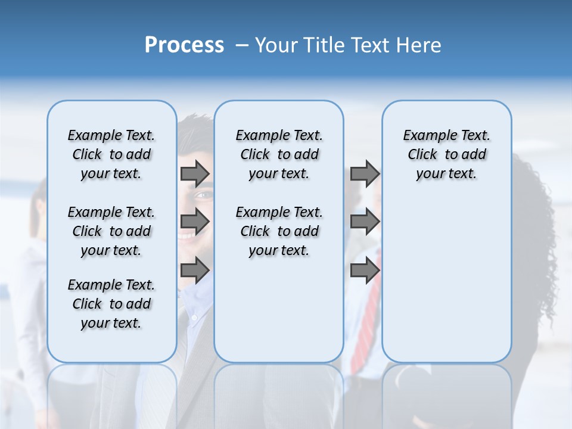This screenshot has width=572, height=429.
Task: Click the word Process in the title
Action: point(184,45)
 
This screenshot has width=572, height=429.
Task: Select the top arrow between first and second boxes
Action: point(194,173)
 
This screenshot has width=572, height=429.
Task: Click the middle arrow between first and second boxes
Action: point(194,222)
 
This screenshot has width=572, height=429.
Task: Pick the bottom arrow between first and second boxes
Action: point(194,271)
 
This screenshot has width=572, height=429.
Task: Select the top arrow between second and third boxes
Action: point(365,173)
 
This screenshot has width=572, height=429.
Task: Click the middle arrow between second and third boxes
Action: point(365,222)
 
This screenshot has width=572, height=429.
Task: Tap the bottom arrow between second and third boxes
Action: point(365,271)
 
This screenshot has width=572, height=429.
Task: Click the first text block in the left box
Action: point(111,154)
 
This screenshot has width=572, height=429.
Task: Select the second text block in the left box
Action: point(111,231)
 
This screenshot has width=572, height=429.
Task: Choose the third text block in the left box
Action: point(111,304)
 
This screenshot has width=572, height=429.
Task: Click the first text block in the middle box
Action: point(279,154)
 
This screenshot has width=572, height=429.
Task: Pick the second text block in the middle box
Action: point(279,231)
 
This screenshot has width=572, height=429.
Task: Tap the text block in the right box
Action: point(446,154)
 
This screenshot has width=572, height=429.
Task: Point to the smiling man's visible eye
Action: point(203,195)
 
